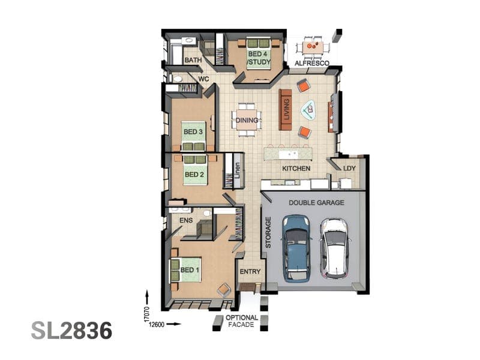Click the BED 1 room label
point(190,270)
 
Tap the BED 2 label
point(194,175)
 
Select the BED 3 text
point(193,132)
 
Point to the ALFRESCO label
point(312,64)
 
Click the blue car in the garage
point(296,248)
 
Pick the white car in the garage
point(335,248)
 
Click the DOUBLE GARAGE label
point(317,203)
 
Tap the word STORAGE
point(268,232)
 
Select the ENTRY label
point(250,272)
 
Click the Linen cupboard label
point(237,170)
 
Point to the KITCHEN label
point(296,169)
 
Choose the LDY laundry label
point(349,168)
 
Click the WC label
point(203,79)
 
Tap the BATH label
point(193,60)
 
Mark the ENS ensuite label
point(186,220)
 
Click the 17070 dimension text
point(146,314)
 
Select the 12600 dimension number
point(157,325)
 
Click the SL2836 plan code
point(71,331)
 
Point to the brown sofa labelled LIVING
point(286,110)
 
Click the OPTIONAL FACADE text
point(242,321)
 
